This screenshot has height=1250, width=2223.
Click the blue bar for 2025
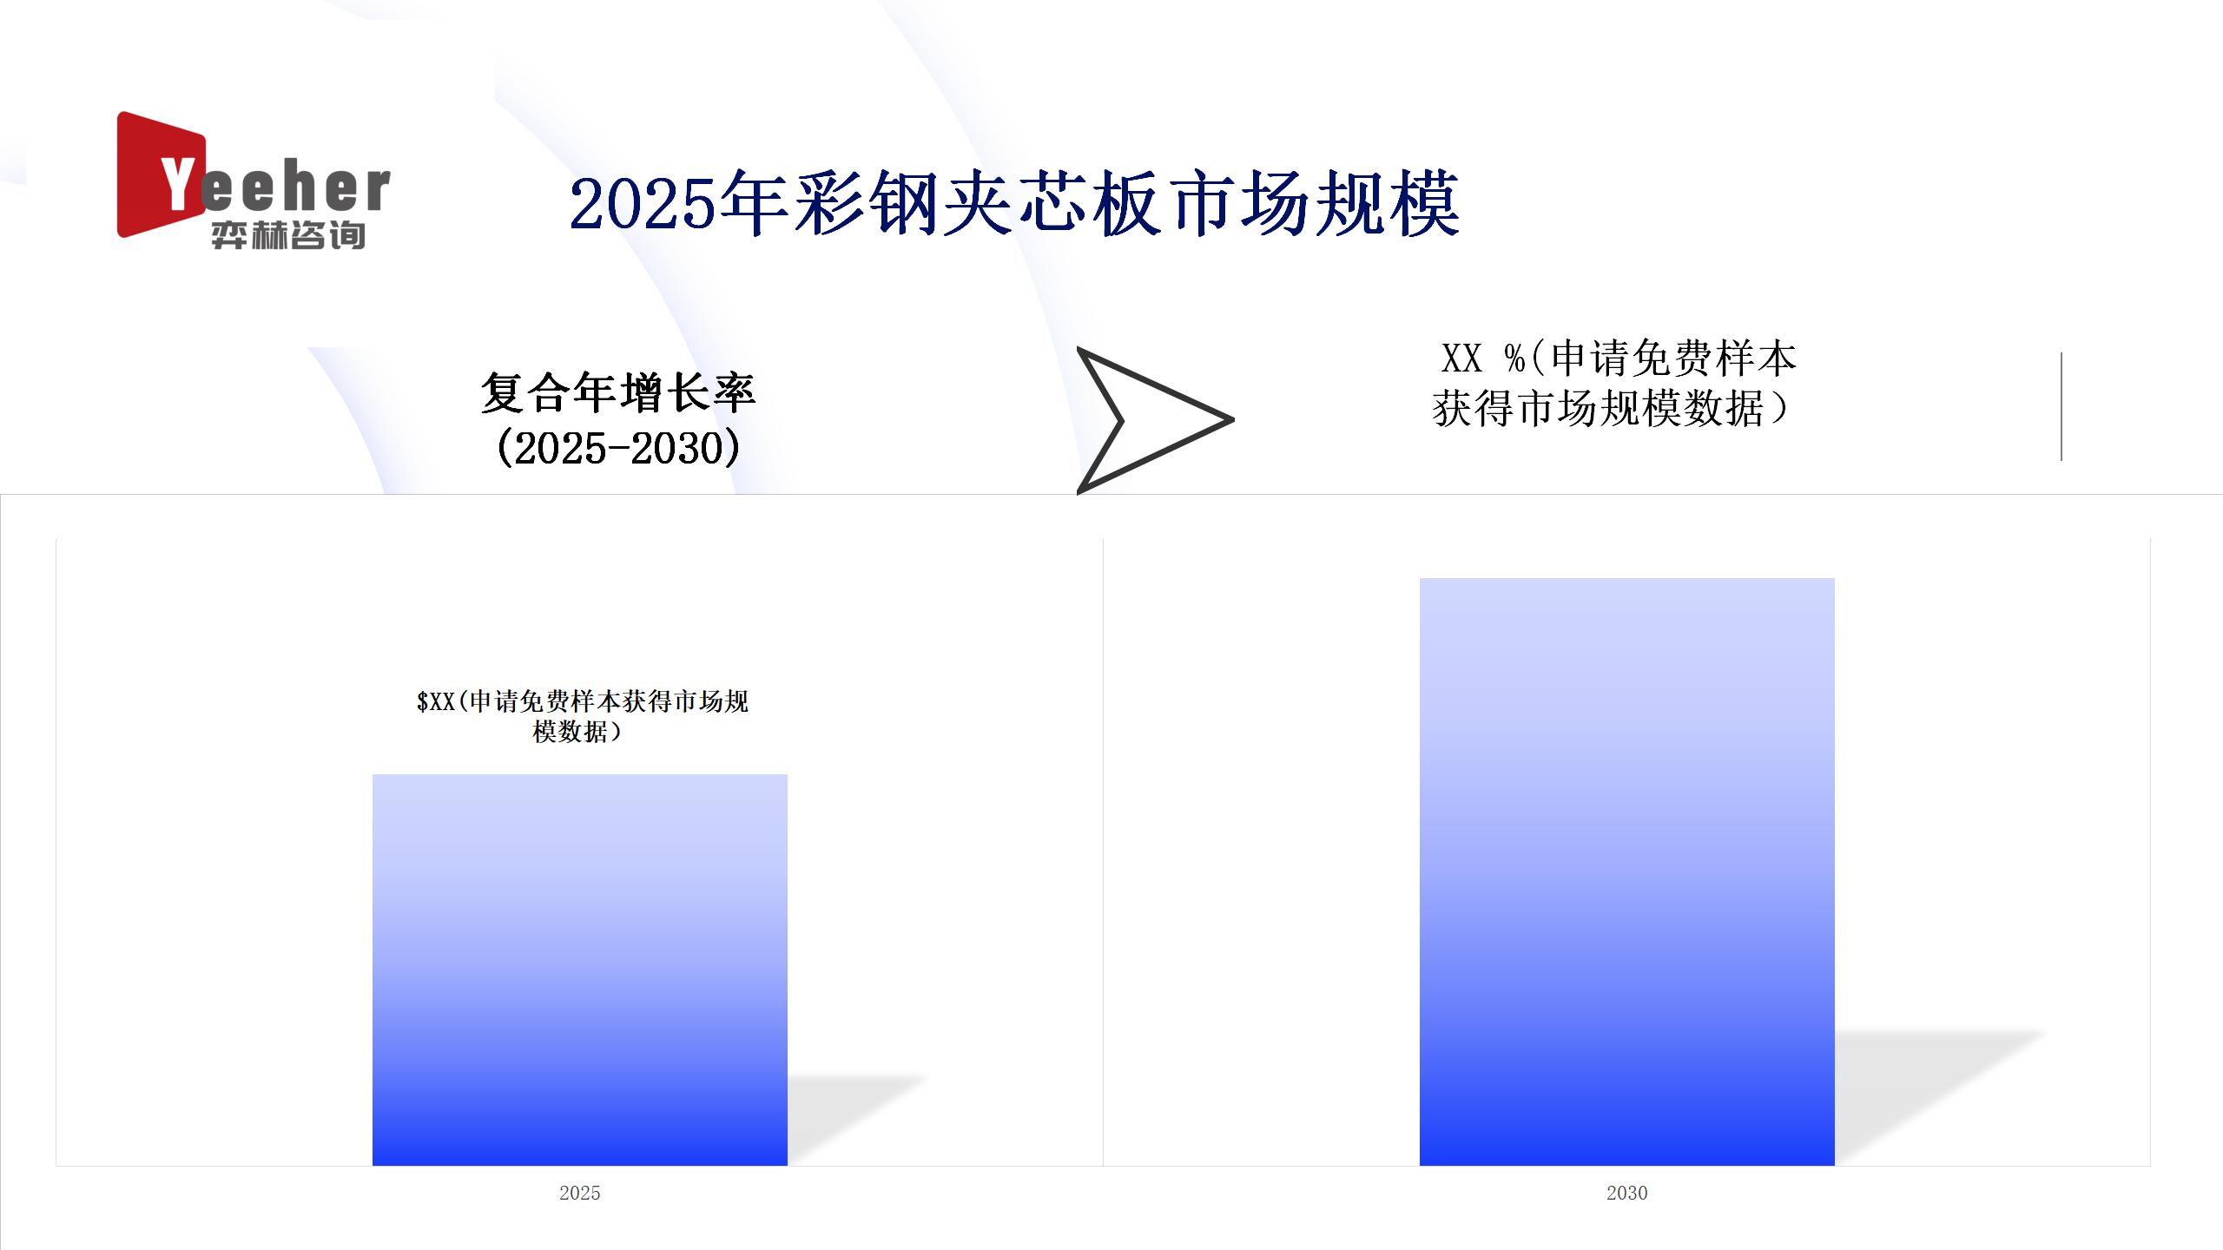(579, 970)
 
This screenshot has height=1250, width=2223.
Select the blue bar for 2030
(1626, 872)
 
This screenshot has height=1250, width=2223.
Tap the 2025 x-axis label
(579, 1193)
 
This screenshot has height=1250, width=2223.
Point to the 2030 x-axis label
(1626, 1193)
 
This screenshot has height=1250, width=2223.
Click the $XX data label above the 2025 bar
(582, 716)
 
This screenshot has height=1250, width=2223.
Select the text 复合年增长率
(618, 392)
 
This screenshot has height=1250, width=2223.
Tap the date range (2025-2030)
(618, 448)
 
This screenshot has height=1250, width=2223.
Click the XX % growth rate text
(1615, 384)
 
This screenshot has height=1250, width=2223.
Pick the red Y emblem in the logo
(161, 174)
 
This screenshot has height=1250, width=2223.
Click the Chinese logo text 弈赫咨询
(288, 235)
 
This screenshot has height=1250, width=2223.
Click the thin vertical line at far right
(2061, 406)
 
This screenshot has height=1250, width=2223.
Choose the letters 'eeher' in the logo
(295, 188)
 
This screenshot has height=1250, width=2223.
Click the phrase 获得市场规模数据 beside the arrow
(1599, 409)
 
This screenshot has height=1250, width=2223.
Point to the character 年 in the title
(755, 204)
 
